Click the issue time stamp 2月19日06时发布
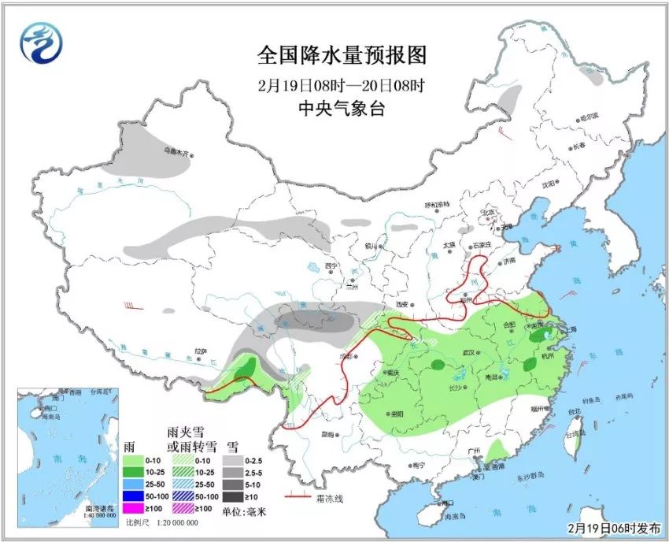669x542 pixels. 613,527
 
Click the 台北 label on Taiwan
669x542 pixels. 574,411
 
